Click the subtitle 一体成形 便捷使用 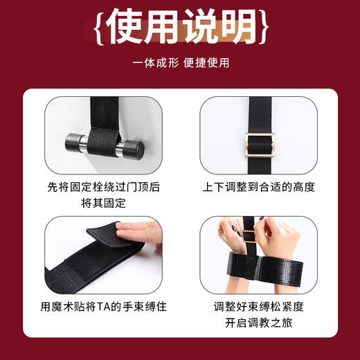[180, 63]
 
